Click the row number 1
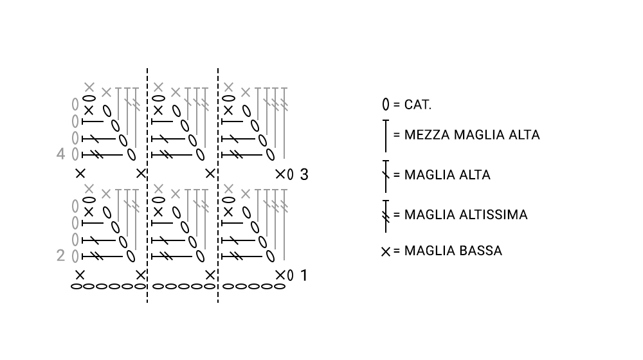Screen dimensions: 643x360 304,276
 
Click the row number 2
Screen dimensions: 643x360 60,256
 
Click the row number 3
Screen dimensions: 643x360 304,175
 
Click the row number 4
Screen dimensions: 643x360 60,154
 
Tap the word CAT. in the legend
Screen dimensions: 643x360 418,105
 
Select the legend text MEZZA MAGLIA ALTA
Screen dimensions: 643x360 472,135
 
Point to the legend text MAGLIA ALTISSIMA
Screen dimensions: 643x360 466,215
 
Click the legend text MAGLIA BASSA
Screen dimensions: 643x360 453,251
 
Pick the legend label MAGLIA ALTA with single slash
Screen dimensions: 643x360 448,175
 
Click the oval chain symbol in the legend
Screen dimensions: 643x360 385,105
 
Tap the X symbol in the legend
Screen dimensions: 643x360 385,252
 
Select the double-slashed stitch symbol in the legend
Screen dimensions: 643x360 385,216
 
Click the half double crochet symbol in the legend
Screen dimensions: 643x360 385,136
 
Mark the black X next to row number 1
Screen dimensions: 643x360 280,275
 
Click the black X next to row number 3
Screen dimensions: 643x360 280,174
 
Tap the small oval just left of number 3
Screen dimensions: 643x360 291,175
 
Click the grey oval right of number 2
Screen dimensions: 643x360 75,256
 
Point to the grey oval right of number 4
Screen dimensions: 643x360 75,154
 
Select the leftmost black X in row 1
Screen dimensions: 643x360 80,274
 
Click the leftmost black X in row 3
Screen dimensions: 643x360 80,174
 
